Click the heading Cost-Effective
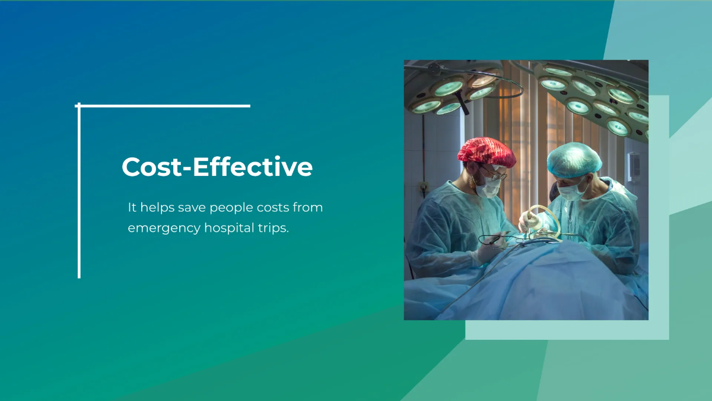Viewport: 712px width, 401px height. pyautogui.click(x=217, y=167)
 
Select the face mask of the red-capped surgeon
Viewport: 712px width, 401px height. pyautogui.click(x=491, y=187)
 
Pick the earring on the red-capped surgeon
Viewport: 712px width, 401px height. pyautogui.click(x=474, y=184)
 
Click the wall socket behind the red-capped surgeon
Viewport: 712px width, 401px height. pyautogui.click(x=423, y=190)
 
